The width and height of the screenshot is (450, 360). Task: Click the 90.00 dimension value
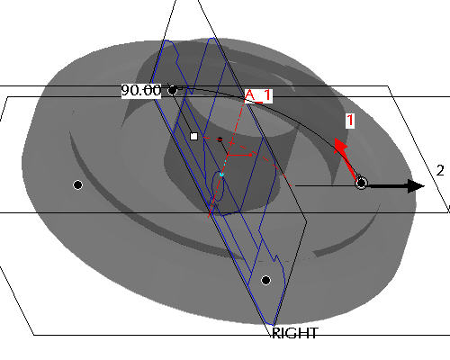click(x=141, y=90)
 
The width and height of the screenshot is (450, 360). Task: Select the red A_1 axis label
click(x=258, y=95)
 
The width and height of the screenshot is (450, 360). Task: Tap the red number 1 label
click(x=350, y=121)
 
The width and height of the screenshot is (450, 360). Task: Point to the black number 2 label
click(x=440, y=171)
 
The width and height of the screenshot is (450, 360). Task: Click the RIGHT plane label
click(x=294, y=333)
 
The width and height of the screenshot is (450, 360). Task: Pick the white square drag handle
click(x=194, y=137)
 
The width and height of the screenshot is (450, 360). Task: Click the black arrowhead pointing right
click(x=417, y=186)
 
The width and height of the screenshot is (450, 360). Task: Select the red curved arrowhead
click(x=341, y=147)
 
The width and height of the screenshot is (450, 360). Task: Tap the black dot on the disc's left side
click(x=78, y=184)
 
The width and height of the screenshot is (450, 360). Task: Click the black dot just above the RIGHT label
click(x=265, y=280)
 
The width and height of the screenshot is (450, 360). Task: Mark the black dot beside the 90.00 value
click(x=173, y=90)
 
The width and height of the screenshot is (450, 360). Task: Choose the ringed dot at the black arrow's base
click(x=361, y=183)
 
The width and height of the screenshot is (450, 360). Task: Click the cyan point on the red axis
click(x=221, y=175)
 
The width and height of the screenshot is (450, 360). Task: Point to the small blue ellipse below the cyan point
click(x=218, y=186)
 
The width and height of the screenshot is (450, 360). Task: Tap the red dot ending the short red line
click(x=250, y=155)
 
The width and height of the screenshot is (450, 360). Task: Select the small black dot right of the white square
click(x=220, y=139)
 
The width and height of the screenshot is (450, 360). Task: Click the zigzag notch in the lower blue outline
click(x=275, y=258)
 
